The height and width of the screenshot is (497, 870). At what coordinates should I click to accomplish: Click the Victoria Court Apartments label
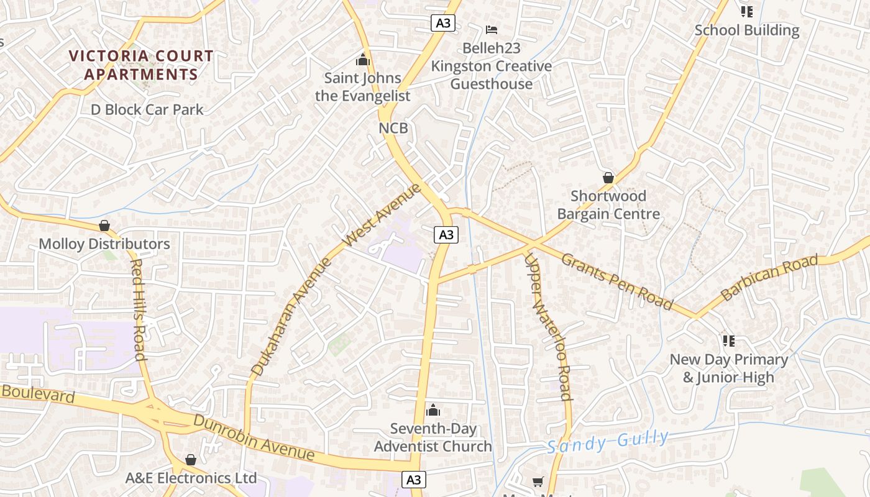tap(141, 65)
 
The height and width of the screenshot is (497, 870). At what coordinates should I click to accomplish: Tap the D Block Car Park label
tap(147, 109)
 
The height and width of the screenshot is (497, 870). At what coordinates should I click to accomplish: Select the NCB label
tap(393, 128)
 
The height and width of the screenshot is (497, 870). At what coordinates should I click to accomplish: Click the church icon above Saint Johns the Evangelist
tap(363, 60)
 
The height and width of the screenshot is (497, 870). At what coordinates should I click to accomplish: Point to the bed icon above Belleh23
tap(492, 30)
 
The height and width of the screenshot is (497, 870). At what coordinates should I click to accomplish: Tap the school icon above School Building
tap(747, 12)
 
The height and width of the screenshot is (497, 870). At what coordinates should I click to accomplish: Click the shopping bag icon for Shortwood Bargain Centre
tap(608, 178)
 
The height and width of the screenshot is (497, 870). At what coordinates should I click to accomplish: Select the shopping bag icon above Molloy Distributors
tap(104, 226)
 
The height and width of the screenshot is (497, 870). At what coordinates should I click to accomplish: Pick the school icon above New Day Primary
tap(729, 340)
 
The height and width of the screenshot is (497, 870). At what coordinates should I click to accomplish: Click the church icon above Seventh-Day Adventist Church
tap(433, 410)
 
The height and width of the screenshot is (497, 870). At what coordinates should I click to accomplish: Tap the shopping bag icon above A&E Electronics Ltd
tap(191, 460)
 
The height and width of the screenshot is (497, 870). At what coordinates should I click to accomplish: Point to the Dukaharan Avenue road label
tap(292, 316)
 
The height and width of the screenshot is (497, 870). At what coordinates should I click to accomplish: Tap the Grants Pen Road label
tap(617, 281)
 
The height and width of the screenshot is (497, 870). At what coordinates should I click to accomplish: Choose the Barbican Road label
tap(769, 279)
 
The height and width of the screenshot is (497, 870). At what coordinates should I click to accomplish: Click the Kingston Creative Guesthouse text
tap(492, 75)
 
